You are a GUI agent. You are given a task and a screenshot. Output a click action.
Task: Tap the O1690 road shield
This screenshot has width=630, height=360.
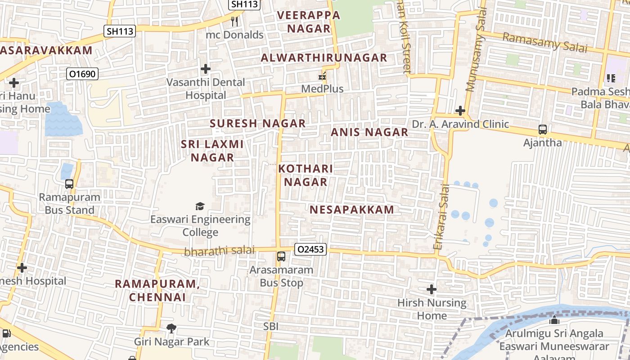tap(82, 74)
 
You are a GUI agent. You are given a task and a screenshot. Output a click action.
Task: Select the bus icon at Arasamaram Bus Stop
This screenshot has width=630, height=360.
tap(281, 256)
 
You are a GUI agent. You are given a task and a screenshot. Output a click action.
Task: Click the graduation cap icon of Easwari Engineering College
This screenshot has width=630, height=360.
tap(200, 206)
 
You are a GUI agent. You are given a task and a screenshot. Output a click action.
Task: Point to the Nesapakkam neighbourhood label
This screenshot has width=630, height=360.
tap(352, 209)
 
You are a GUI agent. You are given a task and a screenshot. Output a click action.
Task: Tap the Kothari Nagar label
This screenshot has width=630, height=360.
tap(306, 175)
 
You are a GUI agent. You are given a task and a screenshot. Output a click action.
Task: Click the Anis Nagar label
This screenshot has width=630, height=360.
tap(369, 132)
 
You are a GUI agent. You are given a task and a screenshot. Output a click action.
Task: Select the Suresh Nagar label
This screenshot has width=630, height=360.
tap(258, 123)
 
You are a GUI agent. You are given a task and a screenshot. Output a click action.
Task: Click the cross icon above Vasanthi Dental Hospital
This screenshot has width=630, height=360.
tap(206, 69)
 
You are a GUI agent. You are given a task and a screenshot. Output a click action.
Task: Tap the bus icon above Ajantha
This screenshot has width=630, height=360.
tap(543, 130)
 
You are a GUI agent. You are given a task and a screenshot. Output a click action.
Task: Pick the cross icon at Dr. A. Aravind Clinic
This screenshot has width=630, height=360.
tap(460, 110)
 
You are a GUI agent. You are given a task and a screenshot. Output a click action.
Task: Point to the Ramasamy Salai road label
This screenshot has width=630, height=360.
tap(544, 42)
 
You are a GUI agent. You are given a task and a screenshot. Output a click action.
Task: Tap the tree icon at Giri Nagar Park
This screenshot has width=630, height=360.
tap(171, 328)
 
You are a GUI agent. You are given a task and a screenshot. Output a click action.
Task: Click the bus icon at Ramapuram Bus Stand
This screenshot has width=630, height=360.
tap(69, 184)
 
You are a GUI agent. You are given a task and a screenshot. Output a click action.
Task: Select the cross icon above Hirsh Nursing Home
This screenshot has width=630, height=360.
tap(432, 289)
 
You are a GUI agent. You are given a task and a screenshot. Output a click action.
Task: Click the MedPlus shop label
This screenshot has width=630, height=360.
tap(322, 89)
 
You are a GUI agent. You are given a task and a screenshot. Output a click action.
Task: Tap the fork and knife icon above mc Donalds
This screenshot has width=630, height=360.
tap(234, 21)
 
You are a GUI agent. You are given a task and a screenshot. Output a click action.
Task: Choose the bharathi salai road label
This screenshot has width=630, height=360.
tap(219, 251)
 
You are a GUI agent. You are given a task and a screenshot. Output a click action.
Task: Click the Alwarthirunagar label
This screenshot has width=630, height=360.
tap(324, 58)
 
